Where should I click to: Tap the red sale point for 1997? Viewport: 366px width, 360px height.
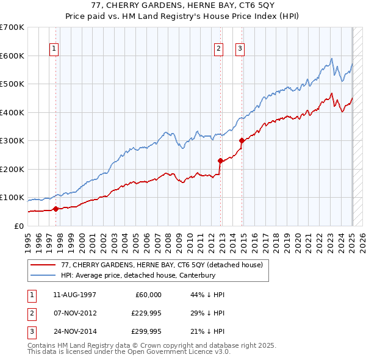(56, 209)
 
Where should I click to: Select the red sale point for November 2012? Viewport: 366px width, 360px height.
(220, 160)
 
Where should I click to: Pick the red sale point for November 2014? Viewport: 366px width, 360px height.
(242, 140)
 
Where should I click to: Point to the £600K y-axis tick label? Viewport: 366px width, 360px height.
(12, 56)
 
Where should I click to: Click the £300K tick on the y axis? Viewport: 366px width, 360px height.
(12, 141)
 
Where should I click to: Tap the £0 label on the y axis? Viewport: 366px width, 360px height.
(18, 226)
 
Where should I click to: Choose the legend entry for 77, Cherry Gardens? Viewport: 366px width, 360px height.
(161, 265)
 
